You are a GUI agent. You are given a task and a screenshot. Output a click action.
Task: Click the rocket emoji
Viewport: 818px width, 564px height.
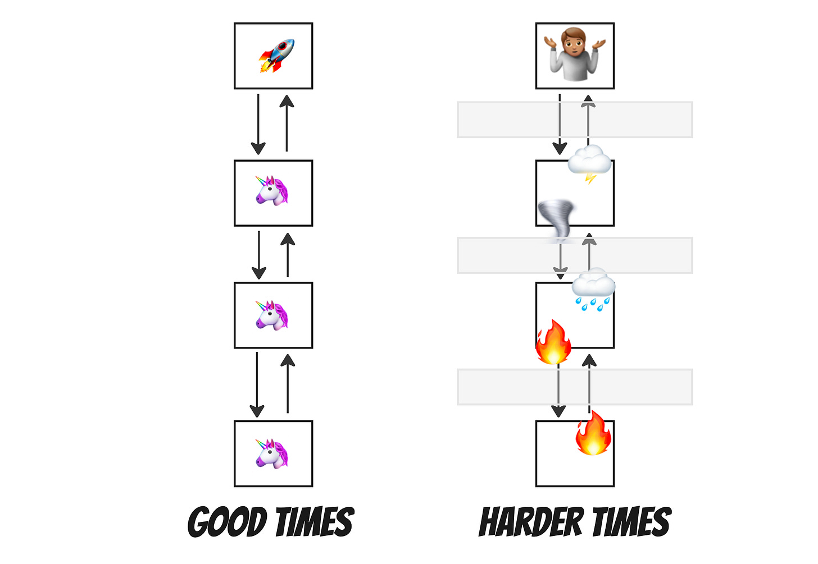276,56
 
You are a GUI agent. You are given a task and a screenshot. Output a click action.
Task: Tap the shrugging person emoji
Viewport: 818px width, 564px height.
575,54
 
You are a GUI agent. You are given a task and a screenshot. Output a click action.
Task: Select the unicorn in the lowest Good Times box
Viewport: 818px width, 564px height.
272,453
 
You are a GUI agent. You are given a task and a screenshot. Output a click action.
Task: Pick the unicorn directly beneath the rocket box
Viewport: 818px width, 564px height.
272,191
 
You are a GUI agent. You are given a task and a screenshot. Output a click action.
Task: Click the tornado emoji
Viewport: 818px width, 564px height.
556,221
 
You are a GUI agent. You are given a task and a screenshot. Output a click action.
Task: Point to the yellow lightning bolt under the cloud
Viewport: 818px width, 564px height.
590,178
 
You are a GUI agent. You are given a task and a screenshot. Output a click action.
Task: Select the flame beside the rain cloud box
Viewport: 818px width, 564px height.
553,342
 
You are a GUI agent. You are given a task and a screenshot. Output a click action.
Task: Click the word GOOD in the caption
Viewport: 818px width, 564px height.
227,522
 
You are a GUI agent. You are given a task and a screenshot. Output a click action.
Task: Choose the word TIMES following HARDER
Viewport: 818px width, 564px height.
631,522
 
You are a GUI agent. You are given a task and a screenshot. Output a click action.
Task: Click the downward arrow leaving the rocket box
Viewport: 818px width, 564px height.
258,124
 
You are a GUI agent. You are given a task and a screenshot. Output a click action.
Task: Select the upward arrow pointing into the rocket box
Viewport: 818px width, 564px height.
287,123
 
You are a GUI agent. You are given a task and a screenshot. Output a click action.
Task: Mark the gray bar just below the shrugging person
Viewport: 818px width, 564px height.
506,120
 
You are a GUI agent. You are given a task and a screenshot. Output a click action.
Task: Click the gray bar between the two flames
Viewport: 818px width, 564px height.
506,387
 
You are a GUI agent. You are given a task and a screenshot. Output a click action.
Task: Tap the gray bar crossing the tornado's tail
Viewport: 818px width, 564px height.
506,255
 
